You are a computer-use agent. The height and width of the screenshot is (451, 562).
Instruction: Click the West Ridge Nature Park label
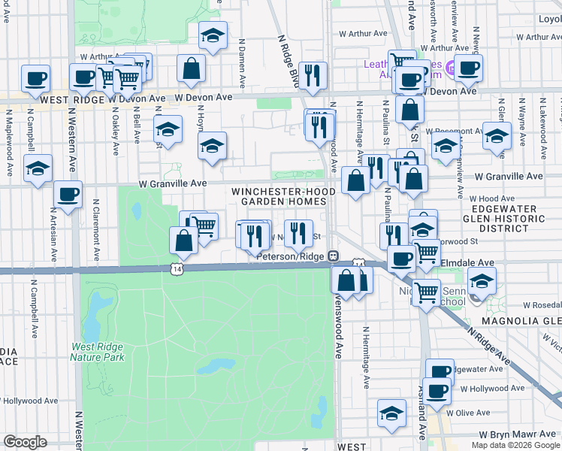coord(98,352)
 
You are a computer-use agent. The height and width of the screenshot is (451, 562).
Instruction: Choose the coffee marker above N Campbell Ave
coord(35,77)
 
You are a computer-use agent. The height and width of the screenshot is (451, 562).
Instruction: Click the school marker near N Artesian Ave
coord(37,169)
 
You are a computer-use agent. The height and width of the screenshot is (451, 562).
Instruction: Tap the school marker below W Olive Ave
coord(391,413)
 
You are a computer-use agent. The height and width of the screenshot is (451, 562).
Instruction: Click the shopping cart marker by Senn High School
coord(427,290)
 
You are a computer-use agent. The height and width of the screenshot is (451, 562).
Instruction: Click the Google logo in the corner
coord(25,442)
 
